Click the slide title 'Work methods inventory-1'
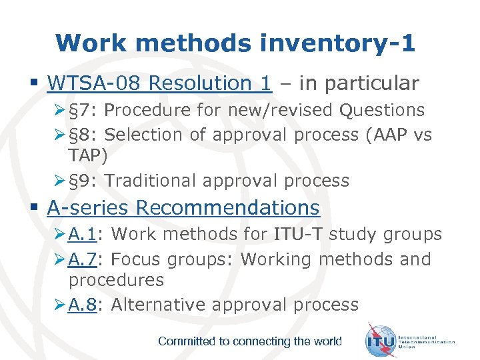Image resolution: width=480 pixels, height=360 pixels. pos(235,43)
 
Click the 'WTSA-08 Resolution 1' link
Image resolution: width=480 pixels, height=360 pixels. pos(159,83)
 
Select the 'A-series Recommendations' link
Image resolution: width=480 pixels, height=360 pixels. pos(183,207)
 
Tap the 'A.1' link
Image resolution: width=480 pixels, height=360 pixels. pos(83,235)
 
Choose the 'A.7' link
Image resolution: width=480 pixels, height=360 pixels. pos(83,259)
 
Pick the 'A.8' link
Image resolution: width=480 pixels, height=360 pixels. pos(83,305)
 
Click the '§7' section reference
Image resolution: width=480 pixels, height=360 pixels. pos(81,110)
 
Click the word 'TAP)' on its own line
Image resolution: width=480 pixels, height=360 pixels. pos(87,155)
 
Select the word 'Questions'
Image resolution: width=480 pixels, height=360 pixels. pos(382,110)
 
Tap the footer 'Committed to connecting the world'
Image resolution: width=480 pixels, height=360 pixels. pos(249,341)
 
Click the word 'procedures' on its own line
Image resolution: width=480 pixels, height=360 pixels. pos(116,280)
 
